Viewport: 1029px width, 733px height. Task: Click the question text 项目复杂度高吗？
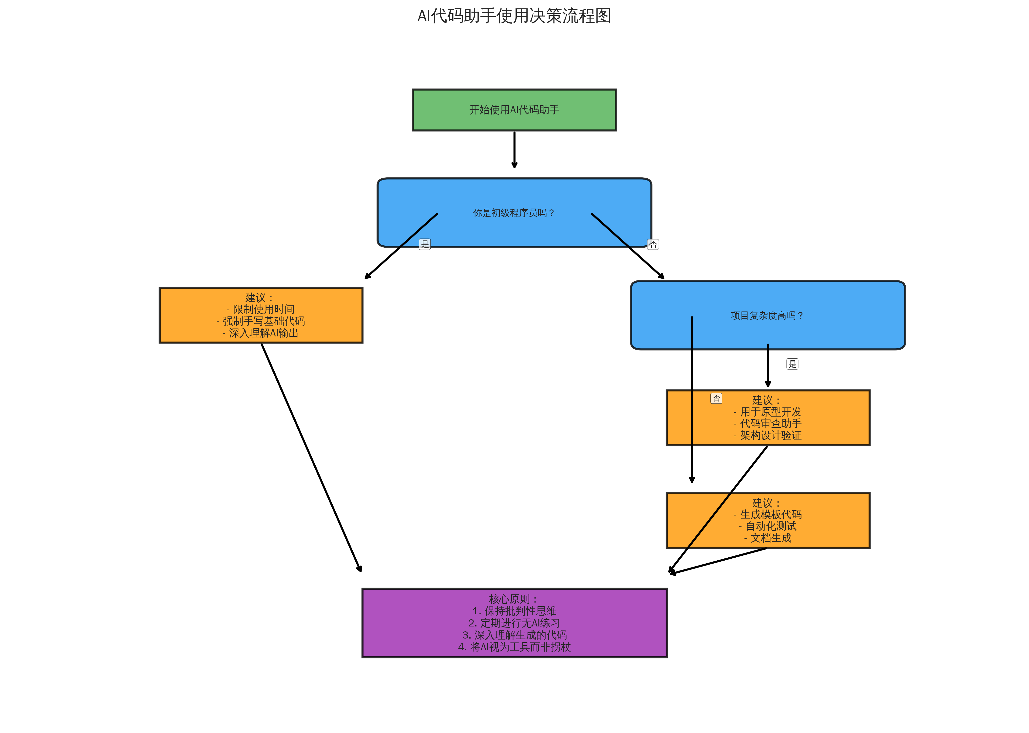(767, 315)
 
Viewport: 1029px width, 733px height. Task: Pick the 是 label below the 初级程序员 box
(424, 244)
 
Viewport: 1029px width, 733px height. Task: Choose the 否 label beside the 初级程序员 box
(653, 244)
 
